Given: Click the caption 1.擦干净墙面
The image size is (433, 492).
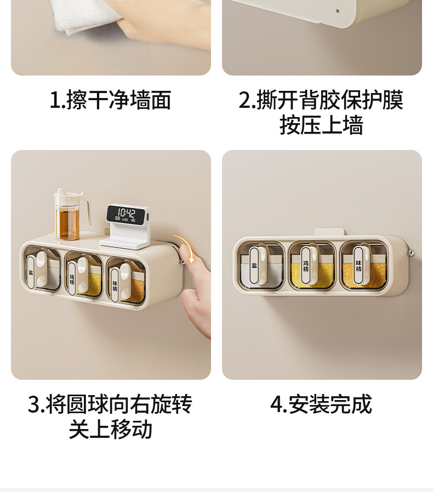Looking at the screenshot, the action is [110, 100].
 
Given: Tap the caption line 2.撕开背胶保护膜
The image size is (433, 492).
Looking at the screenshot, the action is [321, 100].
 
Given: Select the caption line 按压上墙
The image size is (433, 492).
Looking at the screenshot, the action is [321, 125].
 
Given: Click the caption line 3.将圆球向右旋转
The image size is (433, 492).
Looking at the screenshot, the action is [110, 404].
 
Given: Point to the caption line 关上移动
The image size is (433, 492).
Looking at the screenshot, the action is [110, 429].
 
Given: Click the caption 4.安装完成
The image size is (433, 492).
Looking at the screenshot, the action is [321, 404].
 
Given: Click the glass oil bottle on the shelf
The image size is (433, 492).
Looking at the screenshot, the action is [71, 215].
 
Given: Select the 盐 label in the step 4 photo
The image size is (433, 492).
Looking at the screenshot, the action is [254, 265].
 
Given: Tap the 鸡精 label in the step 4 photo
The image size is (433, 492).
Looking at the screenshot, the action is [306, 265].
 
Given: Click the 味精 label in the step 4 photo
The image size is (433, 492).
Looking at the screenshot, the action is [358, 265].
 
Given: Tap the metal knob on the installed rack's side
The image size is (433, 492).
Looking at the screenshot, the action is [408, 253].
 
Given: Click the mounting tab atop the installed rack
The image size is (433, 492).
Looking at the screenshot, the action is [331, 233].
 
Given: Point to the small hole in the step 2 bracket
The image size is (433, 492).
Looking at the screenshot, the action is [338, 11].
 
